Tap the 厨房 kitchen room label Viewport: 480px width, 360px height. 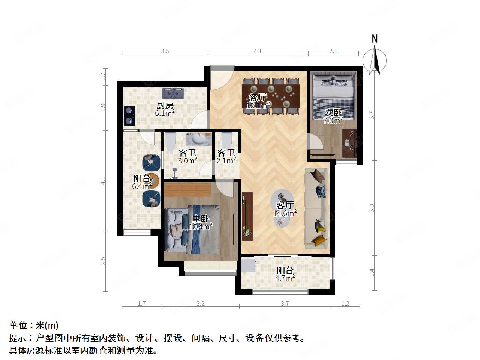(x=165, y=105)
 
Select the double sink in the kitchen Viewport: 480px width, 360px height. (x=173, y=93)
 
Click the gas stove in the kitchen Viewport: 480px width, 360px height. (x=129, y=115)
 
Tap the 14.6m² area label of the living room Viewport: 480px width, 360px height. (x=285, y=213)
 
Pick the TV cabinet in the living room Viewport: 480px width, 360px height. (x=247, y=216)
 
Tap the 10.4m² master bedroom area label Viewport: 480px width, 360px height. (x=201, y=226)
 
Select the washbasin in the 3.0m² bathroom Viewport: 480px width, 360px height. (x=198, y=139)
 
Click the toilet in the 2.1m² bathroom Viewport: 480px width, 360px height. (x=226, y=140)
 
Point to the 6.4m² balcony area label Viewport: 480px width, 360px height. (x=142, y=185)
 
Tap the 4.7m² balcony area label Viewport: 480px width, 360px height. (x=285, y=277)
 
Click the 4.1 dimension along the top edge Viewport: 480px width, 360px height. (x=258, y=51)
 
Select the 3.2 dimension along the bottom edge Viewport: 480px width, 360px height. (x=201, y=303)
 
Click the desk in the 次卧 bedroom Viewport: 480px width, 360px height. (x=349, y=143)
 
